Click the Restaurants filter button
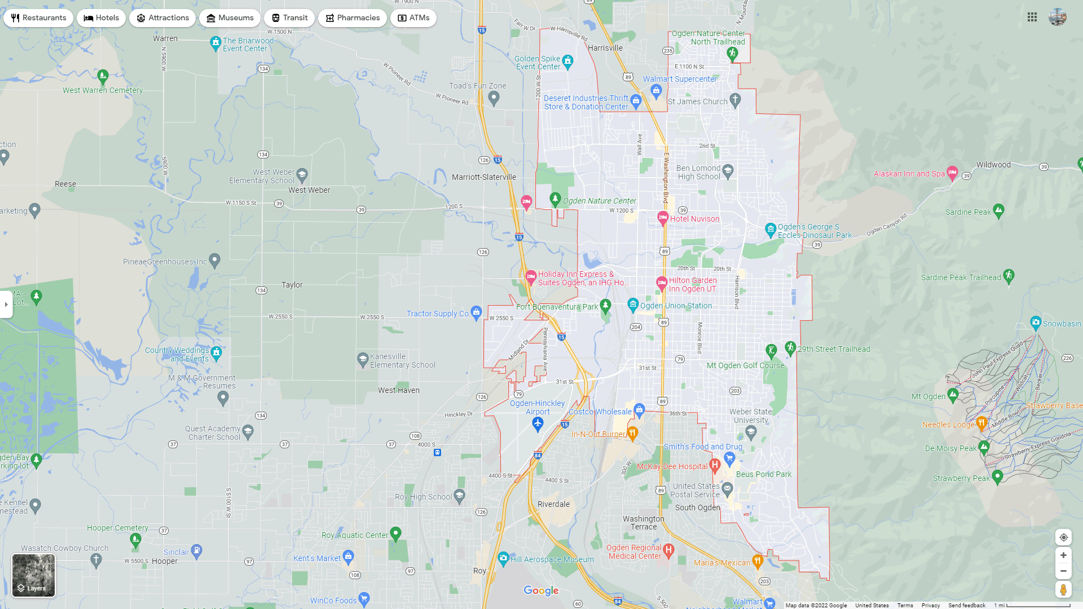38,18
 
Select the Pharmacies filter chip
352,18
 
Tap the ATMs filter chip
413,18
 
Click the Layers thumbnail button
34,575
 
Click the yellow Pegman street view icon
1063,589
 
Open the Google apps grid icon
1032,17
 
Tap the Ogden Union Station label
676,306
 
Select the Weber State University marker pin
750,432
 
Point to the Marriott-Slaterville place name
484,177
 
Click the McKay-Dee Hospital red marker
715,465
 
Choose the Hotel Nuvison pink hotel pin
663,218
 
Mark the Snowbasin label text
1062,324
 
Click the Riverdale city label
553,504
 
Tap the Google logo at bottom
541,590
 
